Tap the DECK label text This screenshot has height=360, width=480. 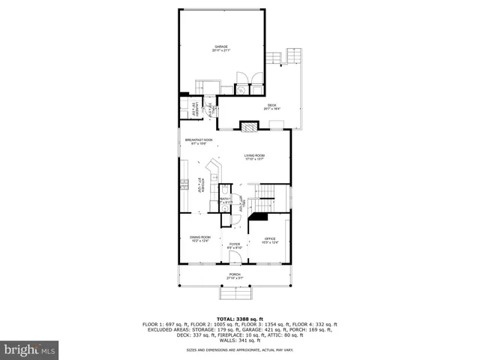tap(271, 107)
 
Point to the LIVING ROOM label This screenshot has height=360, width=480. tap(254, 156)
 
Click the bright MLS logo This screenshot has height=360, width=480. tap(30, 349)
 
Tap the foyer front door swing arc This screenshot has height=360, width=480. tap(235, 259)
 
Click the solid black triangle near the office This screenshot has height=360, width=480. tap(259, 217)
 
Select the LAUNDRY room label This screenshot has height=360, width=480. tap(193, 107)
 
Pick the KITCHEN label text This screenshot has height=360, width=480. tap(199, 184)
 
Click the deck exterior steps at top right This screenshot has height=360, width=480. tap(293, 58)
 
